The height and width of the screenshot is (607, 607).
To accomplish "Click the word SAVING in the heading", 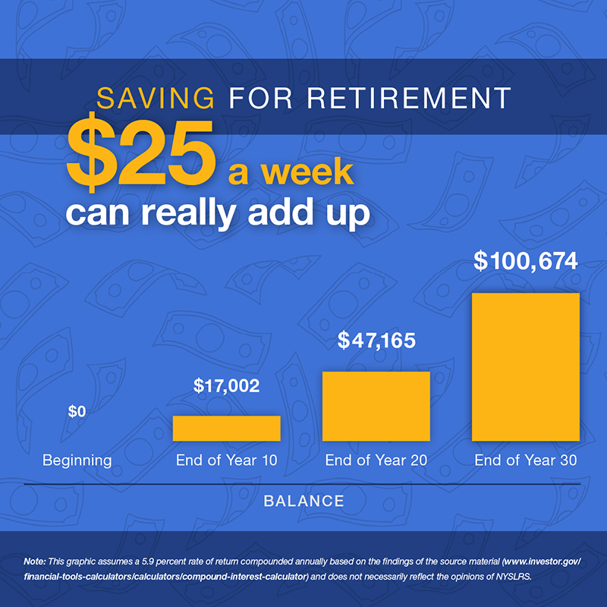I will click(x=153, y=98).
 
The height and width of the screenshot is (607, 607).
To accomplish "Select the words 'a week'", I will click(x=291, y=172).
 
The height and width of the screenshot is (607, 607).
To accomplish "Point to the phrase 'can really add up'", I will click(x=218, y=213).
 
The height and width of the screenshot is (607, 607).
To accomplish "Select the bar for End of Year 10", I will click(x=226, y=428).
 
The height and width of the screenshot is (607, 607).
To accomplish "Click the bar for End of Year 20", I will click(x=376, y=406).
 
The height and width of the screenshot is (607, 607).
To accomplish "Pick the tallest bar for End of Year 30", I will click(x=526, y=366).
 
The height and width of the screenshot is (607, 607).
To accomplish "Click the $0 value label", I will click(x=77, y=412).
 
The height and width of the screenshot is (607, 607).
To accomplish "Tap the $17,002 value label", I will click(x=226, y=385).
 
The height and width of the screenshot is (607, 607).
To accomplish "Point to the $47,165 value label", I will click(x=376, y=341).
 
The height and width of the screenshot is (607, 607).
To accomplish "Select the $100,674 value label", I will click(x=526, y=261).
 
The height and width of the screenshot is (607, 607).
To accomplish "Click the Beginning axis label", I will click(x=77, y=460).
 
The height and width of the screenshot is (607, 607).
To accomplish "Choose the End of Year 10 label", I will click(x=226, y=460).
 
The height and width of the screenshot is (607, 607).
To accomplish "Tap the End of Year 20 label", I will click(x=376, y=460).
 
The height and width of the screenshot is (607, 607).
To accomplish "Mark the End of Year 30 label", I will click(x=526, y=460).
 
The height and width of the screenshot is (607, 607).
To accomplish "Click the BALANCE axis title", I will click(x=303, y=501).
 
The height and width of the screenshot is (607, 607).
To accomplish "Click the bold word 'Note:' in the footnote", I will click(x=35, y=561).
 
